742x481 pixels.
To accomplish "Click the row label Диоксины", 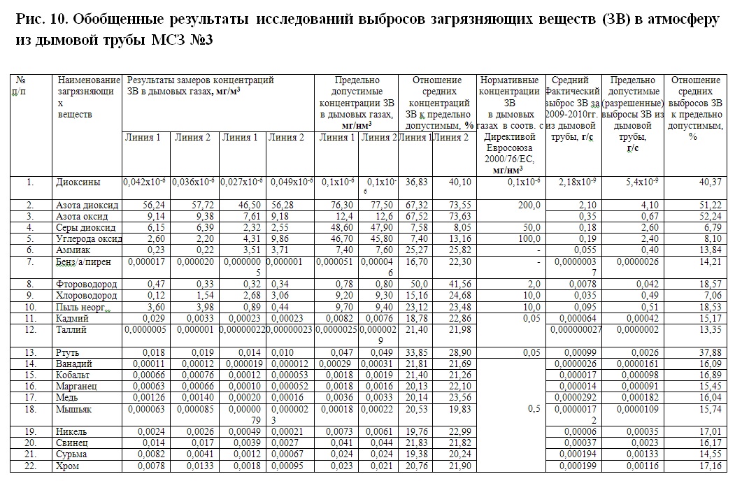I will click(78, 182).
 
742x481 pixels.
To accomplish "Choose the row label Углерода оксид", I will click(87, 239).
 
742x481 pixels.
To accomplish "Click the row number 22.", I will click(30, 466).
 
